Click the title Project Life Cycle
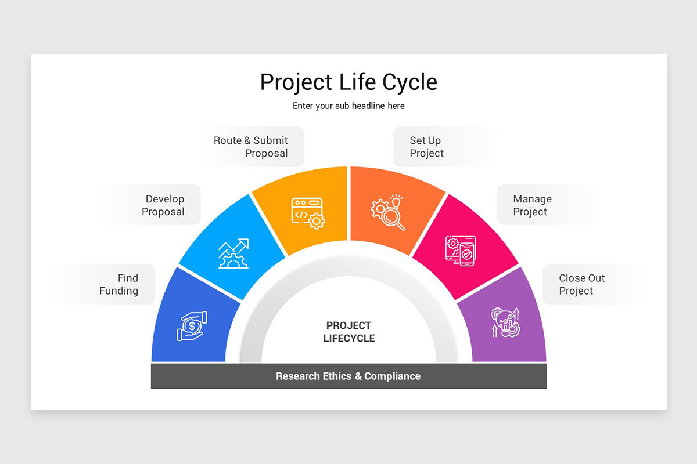pos(348,82)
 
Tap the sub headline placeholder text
pos(348,106)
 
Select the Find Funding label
pos(119,284)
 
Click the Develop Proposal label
pos(163,205)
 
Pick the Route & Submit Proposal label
pos(251,147)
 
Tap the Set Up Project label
pos(426,147)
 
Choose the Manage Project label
pos(532,205)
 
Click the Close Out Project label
pos(581,284)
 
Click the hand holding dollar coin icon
pos(192,326)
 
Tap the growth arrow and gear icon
pos(233,253)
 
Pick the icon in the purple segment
pos(505,322)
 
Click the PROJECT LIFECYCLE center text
pos(348,332)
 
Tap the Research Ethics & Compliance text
pos(348,376)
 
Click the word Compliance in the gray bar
pos(392,376)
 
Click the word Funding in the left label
pos(119,291)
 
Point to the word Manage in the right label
pos(532,199)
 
